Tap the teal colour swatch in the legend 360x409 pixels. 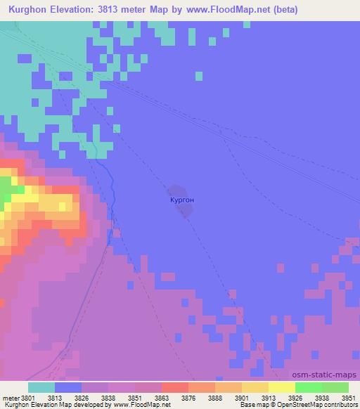click(41, 387)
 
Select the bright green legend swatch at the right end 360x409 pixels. click(335, 387)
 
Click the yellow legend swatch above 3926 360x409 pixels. click(281, 387)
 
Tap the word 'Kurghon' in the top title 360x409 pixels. click(28, 10)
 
